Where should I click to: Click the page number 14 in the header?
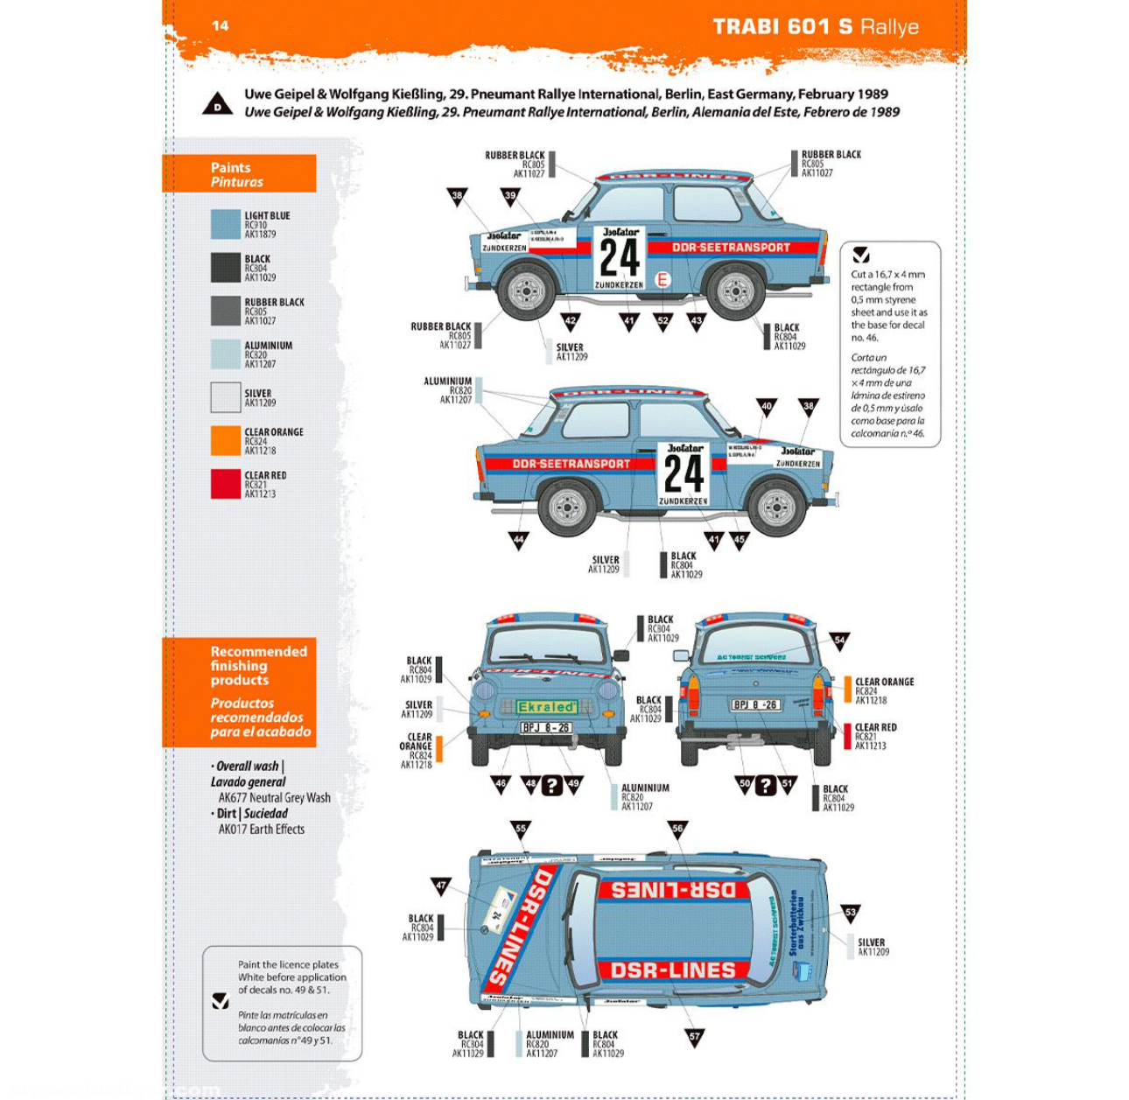221,25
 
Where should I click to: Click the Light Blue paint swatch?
225,224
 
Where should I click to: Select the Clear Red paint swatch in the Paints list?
225,484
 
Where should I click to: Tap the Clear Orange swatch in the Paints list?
225,440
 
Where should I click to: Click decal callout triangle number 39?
510,196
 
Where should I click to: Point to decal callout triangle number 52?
663,320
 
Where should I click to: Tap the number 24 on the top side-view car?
620,258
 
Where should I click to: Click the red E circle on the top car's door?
663,280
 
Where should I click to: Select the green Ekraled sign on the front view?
547,706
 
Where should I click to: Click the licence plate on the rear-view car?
755,704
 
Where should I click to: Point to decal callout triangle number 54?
839,641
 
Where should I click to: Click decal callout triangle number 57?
694,1037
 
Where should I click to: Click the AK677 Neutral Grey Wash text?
274,797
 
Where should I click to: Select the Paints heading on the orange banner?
230,167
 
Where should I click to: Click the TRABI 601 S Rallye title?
815,26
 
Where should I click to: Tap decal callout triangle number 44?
518,540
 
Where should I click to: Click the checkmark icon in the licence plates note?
221,1001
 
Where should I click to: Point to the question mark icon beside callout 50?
766,785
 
